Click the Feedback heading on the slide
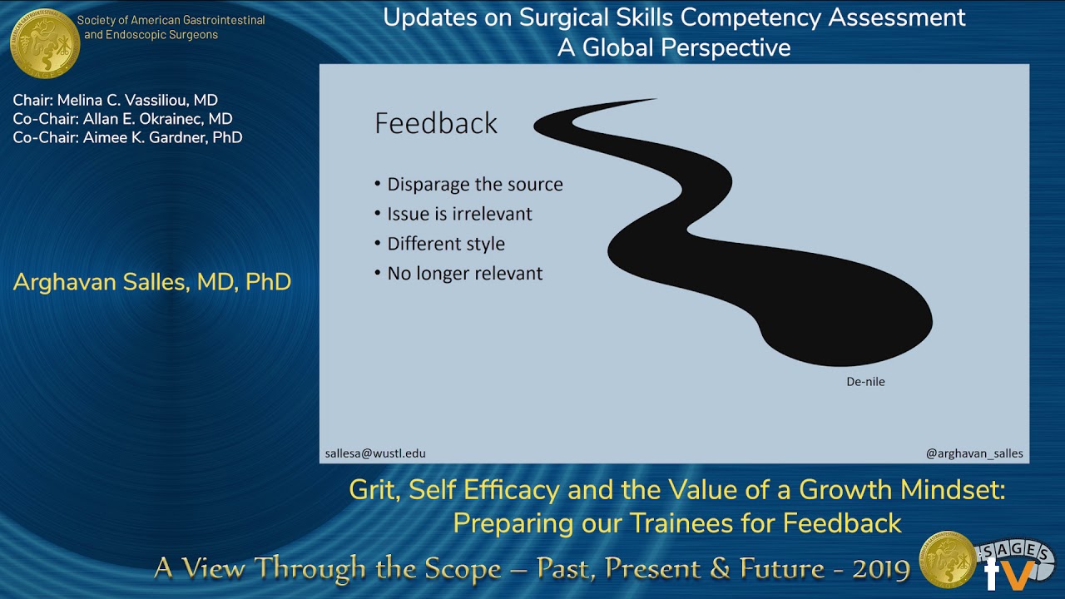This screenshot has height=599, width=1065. point(435,123)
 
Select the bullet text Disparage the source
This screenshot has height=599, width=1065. point(474,185)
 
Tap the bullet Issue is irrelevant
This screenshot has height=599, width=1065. point(459,214)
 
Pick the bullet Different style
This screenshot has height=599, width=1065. point(445,244)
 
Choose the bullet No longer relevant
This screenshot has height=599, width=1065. point(464,273)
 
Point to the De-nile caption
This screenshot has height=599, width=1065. point(865,382)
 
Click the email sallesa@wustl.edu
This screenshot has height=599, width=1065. point(375,453)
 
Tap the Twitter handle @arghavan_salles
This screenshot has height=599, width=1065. point(974,453)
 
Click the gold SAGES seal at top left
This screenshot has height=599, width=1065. point(44,43)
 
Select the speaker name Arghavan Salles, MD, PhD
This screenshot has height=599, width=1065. point(152,282)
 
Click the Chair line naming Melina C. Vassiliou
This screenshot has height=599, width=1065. point(116,101)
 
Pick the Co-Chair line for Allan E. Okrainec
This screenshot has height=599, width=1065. point(122,119)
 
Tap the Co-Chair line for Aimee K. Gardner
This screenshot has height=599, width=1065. point(127,137)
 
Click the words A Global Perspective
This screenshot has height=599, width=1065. point(674,47)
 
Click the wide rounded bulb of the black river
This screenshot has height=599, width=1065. point(849,320)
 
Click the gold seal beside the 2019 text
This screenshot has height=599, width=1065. point(947,560)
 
